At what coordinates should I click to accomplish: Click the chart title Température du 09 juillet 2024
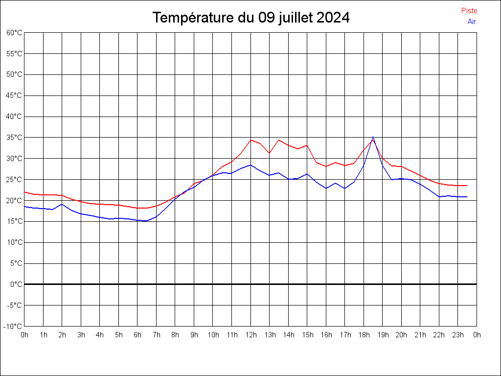click(x=250, y=18)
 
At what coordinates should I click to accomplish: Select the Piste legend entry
click(x=469, y=11)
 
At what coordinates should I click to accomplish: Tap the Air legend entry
click(x=472, y=22)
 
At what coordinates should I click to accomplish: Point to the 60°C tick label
click(x=14, y=32)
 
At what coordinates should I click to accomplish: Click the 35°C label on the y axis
click(x=14, y=138)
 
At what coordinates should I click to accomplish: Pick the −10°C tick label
click(x=13, y=327)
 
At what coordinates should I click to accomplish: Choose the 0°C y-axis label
click(x=16, y=284)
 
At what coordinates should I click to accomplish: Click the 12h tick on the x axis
click(x=250, y=335)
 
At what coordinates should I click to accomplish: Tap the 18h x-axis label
click(x=364, y=335)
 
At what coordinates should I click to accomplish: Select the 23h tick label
click(x=458, y=335)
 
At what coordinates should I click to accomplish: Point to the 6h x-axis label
click(x=137, y=335)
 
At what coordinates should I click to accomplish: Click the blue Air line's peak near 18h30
click(x=373, y=137)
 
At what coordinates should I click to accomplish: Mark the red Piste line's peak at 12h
click(x=250, y=140)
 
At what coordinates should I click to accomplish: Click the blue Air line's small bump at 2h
click(x=62, y=204)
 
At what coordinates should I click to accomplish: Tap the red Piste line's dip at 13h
click(x=269, y=153)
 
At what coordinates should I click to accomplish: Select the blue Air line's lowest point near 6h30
click(x=146, y=221)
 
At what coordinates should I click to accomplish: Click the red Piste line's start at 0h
click(x=24, y=192)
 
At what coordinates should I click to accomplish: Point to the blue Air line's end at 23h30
click(x=467, y=197)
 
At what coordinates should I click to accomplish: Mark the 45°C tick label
click(x=14, y=95)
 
